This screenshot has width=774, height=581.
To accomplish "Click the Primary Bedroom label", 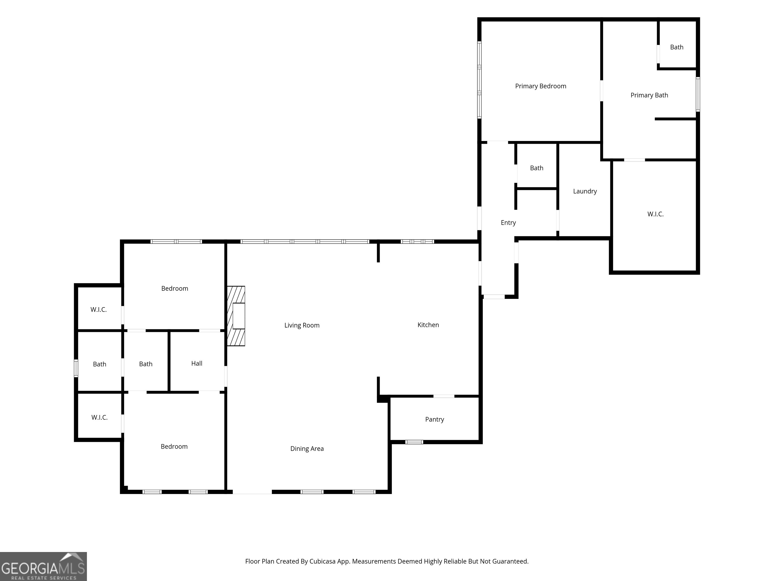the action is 541,86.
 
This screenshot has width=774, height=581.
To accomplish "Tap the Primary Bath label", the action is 649,95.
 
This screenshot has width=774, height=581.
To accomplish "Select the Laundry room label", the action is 585,191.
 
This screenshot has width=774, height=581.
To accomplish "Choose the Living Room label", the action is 302,325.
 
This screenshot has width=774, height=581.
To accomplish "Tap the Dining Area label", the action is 307,449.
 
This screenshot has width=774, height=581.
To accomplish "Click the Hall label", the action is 197,364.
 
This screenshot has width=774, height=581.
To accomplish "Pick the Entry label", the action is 508,223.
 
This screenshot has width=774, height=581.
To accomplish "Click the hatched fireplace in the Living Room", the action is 236,316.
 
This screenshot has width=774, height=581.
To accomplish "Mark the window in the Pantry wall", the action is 414,442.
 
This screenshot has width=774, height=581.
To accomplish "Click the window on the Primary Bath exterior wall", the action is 698,94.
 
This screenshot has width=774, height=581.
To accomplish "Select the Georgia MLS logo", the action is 43,567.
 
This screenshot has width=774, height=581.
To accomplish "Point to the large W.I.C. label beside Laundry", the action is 655,214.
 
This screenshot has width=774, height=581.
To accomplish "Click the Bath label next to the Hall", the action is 146,364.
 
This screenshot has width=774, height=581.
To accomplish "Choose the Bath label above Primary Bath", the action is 676,47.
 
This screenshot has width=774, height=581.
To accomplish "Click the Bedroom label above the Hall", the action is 175,288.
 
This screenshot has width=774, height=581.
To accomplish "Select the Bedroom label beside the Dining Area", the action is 174,447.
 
